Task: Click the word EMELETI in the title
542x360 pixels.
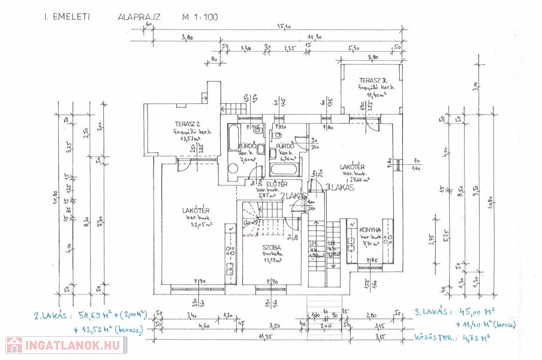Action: click(71, 17)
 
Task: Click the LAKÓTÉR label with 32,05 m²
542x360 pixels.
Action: click(195, 211)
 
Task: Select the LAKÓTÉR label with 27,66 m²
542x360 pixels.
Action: click(353, 167)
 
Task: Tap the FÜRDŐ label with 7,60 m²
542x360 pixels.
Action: click(248, 146)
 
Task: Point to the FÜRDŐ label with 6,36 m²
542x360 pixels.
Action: click(285, 146)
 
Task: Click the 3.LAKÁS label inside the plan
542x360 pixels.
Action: click(339, 187)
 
